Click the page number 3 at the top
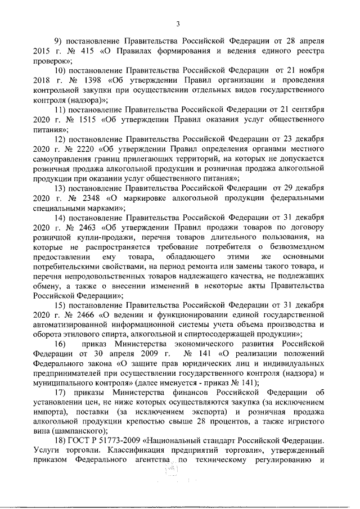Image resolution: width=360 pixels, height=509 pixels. pyautogui.click(x=178, y=23)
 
